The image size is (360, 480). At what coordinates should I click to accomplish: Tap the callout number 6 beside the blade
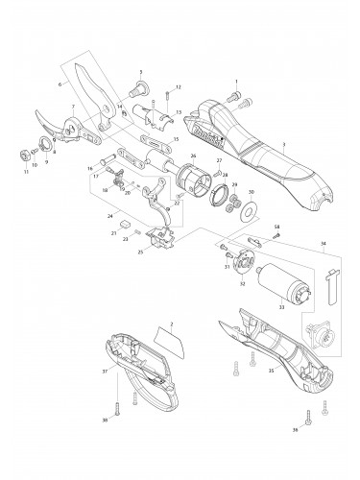[60, 84]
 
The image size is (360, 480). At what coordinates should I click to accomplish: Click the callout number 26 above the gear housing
[192, 156]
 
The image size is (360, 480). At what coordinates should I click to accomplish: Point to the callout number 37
[104, 370]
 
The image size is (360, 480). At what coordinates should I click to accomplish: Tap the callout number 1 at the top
[235, 83]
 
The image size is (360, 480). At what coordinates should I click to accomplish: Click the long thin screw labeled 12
[167, 100]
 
